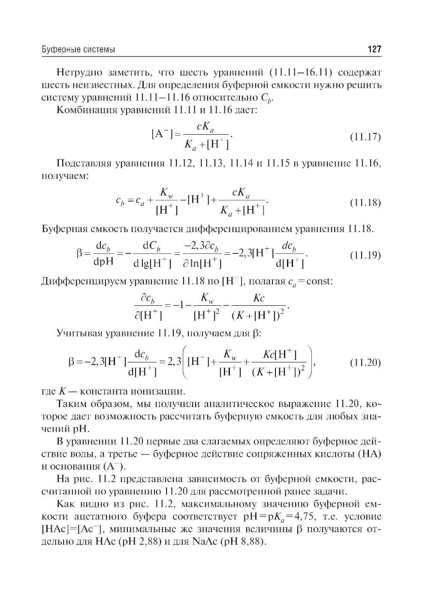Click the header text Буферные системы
click(x=78, y=50)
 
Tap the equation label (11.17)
click(x=366, y=137)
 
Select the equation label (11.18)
click(x=366, y=202)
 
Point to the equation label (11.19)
click(x=366, y=256)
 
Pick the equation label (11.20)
click(x=366, y=363)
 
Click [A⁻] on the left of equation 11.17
click(x=162, y=134)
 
